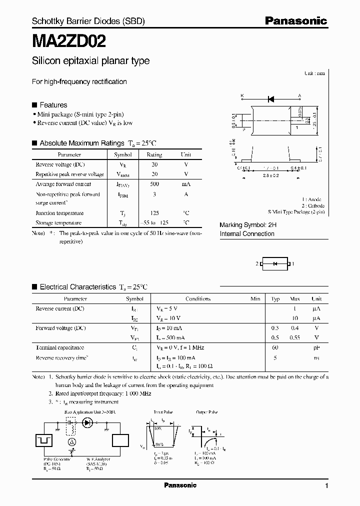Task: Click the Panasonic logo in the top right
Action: (295, 21)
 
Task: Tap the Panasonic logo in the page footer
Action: (180, 485)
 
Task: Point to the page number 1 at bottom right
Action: (326, 486)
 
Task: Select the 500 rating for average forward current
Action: (154, 184)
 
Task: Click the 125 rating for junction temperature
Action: (154, 213)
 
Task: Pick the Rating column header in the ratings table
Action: (154, 155)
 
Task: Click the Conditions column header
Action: (198, 299)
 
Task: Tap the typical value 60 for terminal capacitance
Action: (275, 347)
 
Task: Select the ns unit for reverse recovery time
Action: (316, 358)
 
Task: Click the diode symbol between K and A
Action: (271, 99)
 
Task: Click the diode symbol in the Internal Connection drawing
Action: (274, 263)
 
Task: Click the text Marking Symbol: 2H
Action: (248, 225)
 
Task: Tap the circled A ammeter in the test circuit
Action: (71, 442)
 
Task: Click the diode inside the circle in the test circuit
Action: (88, 422)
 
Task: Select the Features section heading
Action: (53, 105)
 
